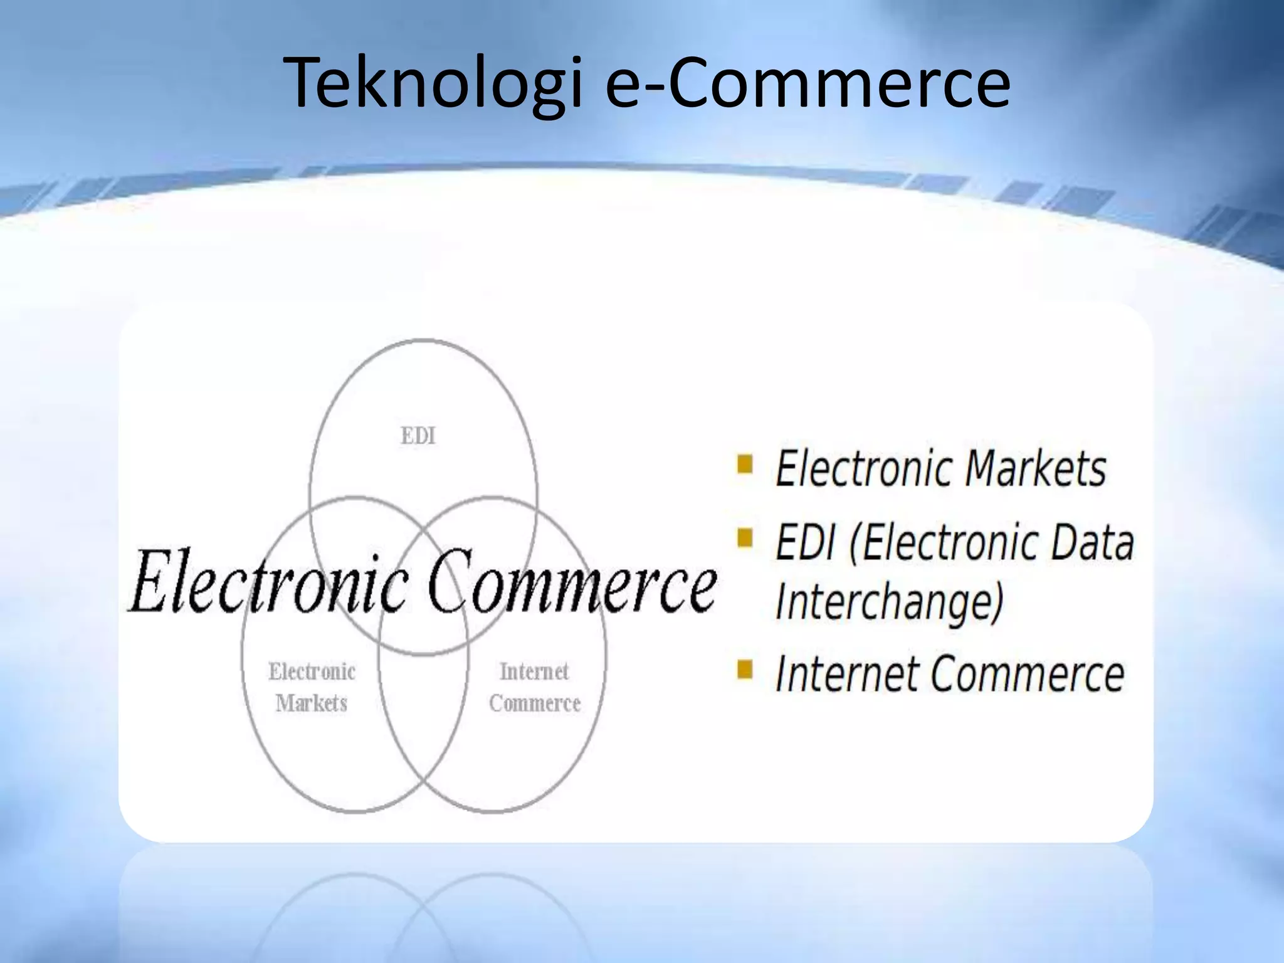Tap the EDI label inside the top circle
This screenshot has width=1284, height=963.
click(418, 436)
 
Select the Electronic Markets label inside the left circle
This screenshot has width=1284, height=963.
click(312, 687)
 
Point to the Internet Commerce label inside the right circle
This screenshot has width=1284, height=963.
click(535, 687)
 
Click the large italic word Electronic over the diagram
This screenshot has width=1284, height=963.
click(270, 582)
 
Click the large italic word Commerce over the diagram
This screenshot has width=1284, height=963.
click(572, 582)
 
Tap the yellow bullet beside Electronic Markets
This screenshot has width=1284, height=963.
click(745, 465)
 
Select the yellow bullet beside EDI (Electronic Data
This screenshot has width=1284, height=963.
click(745, 538)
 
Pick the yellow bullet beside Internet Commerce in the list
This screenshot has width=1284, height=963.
click(745, 670)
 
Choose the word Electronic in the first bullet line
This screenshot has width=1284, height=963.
click(864, 468)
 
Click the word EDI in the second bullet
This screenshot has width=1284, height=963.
click(805, 542)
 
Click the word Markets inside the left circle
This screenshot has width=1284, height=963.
click(312, 703)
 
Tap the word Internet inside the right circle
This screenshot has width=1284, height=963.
click(534, 671)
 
